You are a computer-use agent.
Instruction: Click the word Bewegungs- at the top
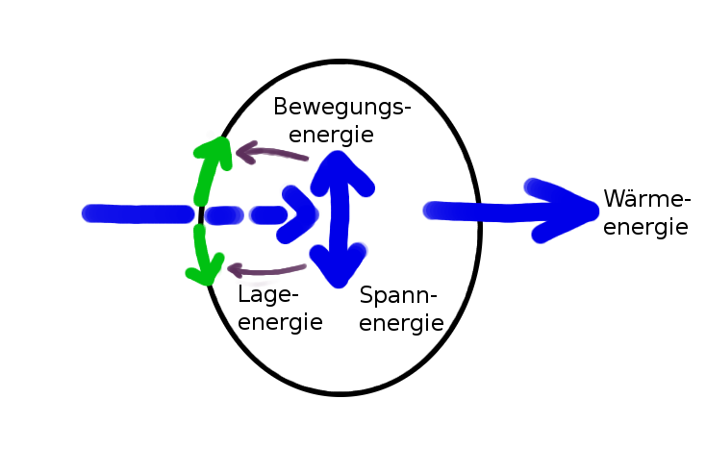(341, 108)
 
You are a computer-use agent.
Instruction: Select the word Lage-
(269, 294)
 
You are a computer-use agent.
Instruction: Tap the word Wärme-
(647, 200)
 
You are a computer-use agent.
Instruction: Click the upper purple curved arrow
(271, 152)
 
